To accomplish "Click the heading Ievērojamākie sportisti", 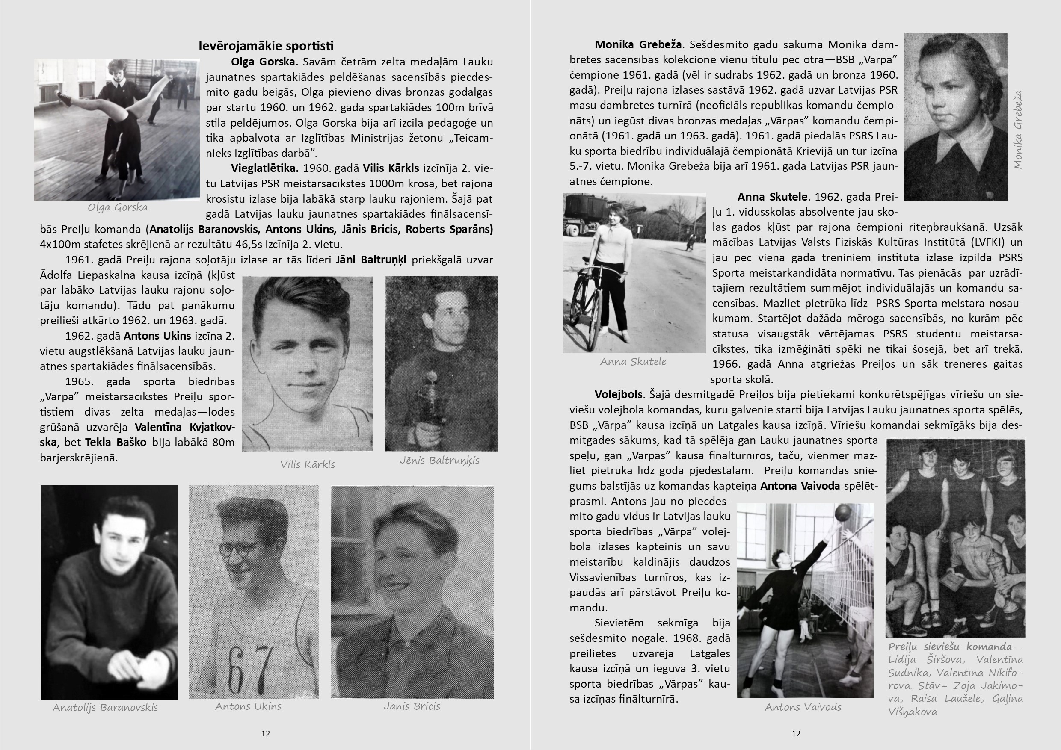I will coord(266,46).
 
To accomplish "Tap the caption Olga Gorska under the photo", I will coord(118,207).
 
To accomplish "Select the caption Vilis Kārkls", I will coord(307,464).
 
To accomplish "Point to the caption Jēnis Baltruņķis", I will coord(439,460).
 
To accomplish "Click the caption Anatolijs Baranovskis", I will coord(105,707).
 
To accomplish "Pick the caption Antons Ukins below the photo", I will coord(248,706).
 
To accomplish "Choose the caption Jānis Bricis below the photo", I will coord(412,706).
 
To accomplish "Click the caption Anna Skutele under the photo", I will coord(633,362).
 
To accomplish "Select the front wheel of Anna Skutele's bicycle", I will coord(581,307).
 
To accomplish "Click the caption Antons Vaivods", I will coord(803,706).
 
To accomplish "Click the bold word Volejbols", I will coord(618,394).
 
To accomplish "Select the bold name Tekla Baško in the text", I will coord(116,443).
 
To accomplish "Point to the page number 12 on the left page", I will coord(265,733).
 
